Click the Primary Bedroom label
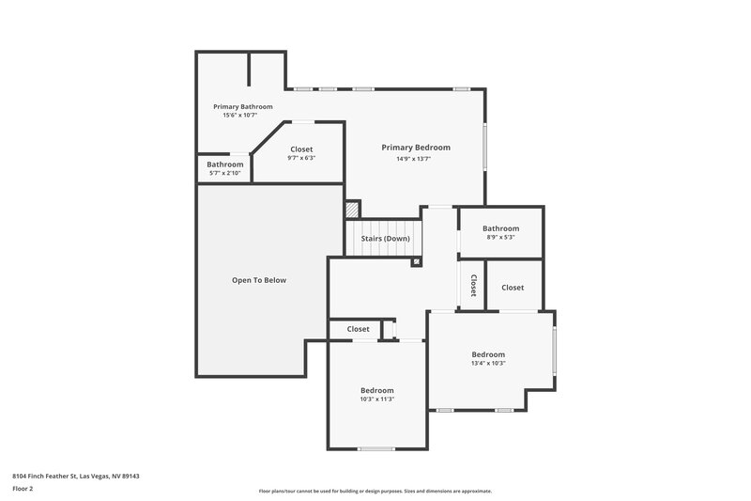point(415,148)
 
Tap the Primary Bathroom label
point(242,106)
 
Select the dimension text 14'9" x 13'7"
point(413,159)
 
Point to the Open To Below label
point(258,280)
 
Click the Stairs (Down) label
point(385,239)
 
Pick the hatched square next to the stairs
point(352,210)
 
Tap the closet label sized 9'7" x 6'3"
point(301,149)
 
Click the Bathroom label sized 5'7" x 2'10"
point(224,164)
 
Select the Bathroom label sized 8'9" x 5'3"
point(500,228)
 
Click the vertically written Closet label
point(473,286)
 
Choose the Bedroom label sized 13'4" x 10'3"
point(487,354)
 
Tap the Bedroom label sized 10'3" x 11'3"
point(376,390)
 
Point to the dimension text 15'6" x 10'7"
point(240,116)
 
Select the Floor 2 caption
point(23,489)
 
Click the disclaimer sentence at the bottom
point(375,491)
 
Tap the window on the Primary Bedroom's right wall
point(485,148)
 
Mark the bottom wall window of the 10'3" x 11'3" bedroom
point(376,448)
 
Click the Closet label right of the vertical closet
point(512,288)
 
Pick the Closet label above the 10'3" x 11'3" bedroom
point(358,329)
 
